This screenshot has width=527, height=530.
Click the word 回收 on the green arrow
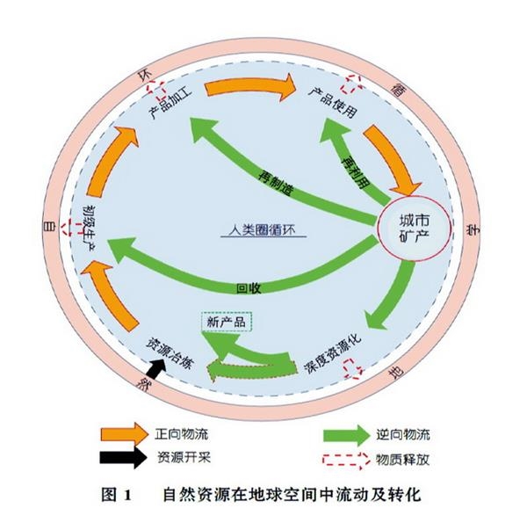tap(249, 287)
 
